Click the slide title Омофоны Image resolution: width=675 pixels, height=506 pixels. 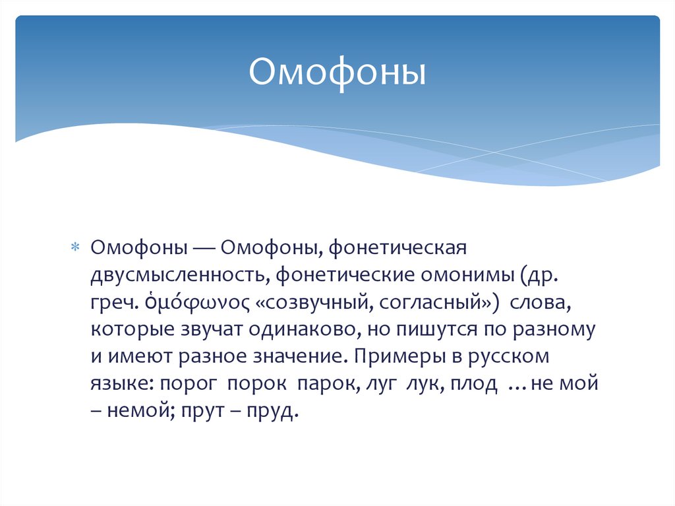tap(337, 74)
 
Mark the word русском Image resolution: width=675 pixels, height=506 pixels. tap(508, 356)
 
